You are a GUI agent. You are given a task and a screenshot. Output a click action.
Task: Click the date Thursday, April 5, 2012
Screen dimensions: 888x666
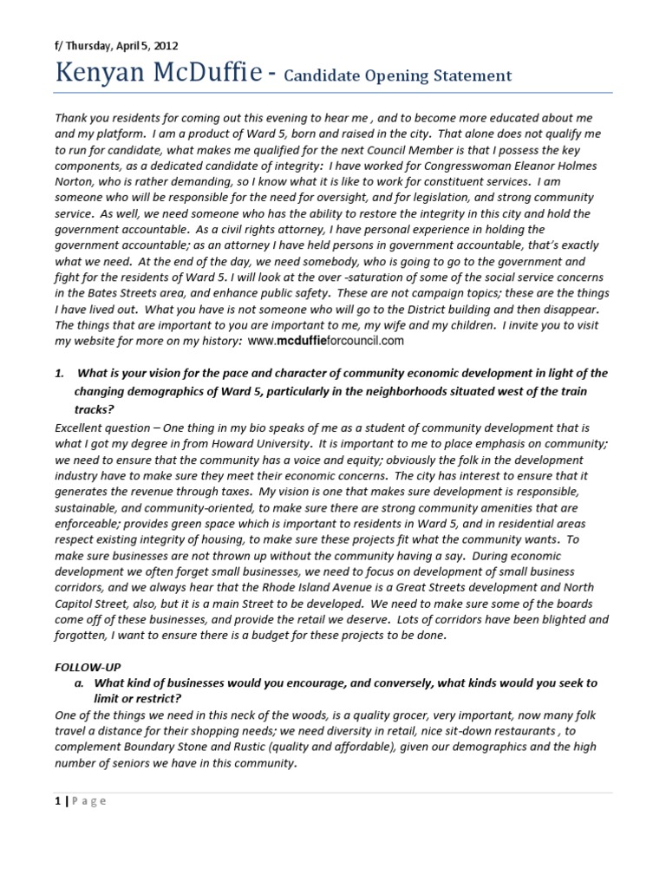tap(123, 46)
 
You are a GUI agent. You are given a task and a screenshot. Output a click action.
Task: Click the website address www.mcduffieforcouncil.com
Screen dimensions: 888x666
tap(326, 341)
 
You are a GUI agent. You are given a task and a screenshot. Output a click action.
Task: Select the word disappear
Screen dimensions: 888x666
tap(581, 309)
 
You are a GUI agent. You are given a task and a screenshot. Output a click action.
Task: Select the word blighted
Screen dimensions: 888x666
tap(554, 620)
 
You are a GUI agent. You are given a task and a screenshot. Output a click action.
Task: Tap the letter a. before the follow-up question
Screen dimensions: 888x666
tap(81, 683)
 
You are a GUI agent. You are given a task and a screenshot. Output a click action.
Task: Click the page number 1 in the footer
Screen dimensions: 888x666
tap(56, 800)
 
